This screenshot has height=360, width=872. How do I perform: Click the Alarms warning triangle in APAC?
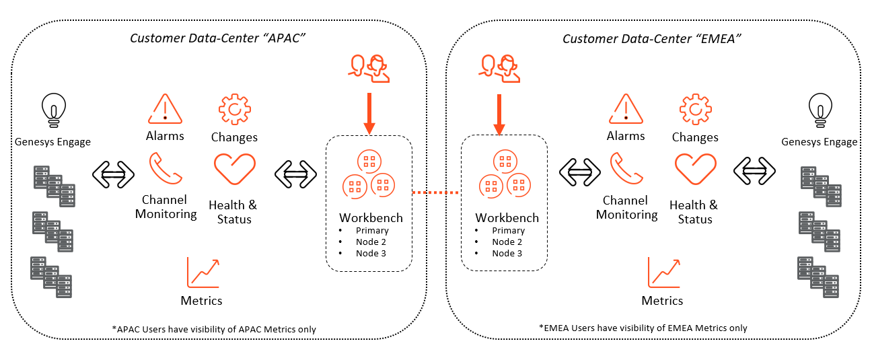(x=165, y=108)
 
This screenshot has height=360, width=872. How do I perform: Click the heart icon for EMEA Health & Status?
(x=695, y=170)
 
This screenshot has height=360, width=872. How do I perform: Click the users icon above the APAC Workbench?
(x=369, y=67)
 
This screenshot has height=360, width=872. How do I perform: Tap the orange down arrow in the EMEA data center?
(x=499, y=114)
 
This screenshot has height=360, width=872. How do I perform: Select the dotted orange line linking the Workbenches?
(x=436, y=192)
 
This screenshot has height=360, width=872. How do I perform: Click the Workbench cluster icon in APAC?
(x=369, y=176)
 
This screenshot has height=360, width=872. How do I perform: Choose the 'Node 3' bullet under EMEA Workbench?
(x=507, y=254)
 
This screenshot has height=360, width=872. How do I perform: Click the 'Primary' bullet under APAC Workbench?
(x=372, y=231)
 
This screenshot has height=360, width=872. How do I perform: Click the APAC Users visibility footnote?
(x=214, y=329)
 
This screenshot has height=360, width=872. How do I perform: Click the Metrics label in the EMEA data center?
(x=662, y=301)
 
